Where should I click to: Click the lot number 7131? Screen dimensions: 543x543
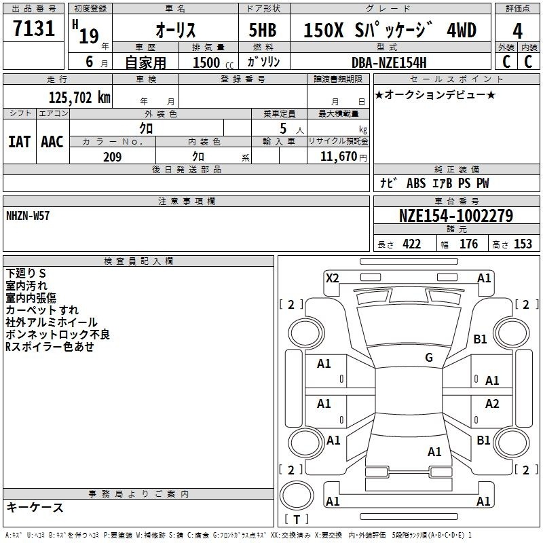point(34,29)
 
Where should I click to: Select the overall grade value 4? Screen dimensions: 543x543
point(517,31)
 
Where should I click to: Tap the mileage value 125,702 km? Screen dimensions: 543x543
point(79,98)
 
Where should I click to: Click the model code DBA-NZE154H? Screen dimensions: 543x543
point(389,62)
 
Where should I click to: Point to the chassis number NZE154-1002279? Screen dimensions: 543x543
point(456,216)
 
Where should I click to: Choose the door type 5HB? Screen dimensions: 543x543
point(263,30)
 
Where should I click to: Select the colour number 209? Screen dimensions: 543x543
point(113,157)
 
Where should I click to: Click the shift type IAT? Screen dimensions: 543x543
point(20,142)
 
